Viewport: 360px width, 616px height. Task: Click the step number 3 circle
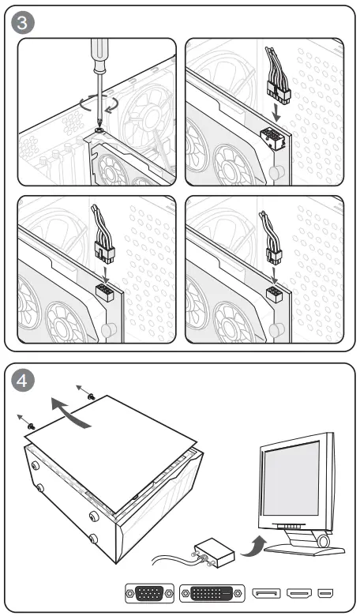click(x=22, y=22)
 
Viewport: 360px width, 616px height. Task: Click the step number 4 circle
click(x=22, y=381)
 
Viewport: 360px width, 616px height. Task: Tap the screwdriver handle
click(x=98, y=55)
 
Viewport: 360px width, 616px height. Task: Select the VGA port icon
click(x=149, y=592)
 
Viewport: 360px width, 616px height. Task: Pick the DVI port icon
click(x=212, y=593)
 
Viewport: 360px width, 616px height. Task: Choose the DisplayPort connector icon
click(x=266, y=593)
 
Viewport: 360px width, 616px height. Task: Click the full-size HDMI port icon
click(x=299, y=593)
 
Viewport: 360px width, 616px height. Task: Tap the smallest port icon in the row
click(x=325, y=593)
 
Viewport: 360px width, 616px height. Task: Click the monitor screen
click(x=291, y=478)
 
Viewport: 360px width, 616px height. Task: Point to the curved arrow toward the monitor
click(x=253, y=545)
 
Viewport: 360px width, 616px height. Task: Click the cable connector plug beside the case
click(x=215, y=552)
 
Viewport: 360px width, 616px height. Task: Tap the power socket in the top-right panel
click(x=273, y=140)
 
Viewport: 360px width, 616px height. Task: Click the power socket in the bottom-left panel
click(x=104, y=293)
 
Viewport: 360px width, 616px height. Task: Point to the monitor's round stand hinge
click(x=324, y=542)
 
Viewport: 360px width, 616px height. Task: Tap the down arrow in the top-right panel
click(x=277, y=112)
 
